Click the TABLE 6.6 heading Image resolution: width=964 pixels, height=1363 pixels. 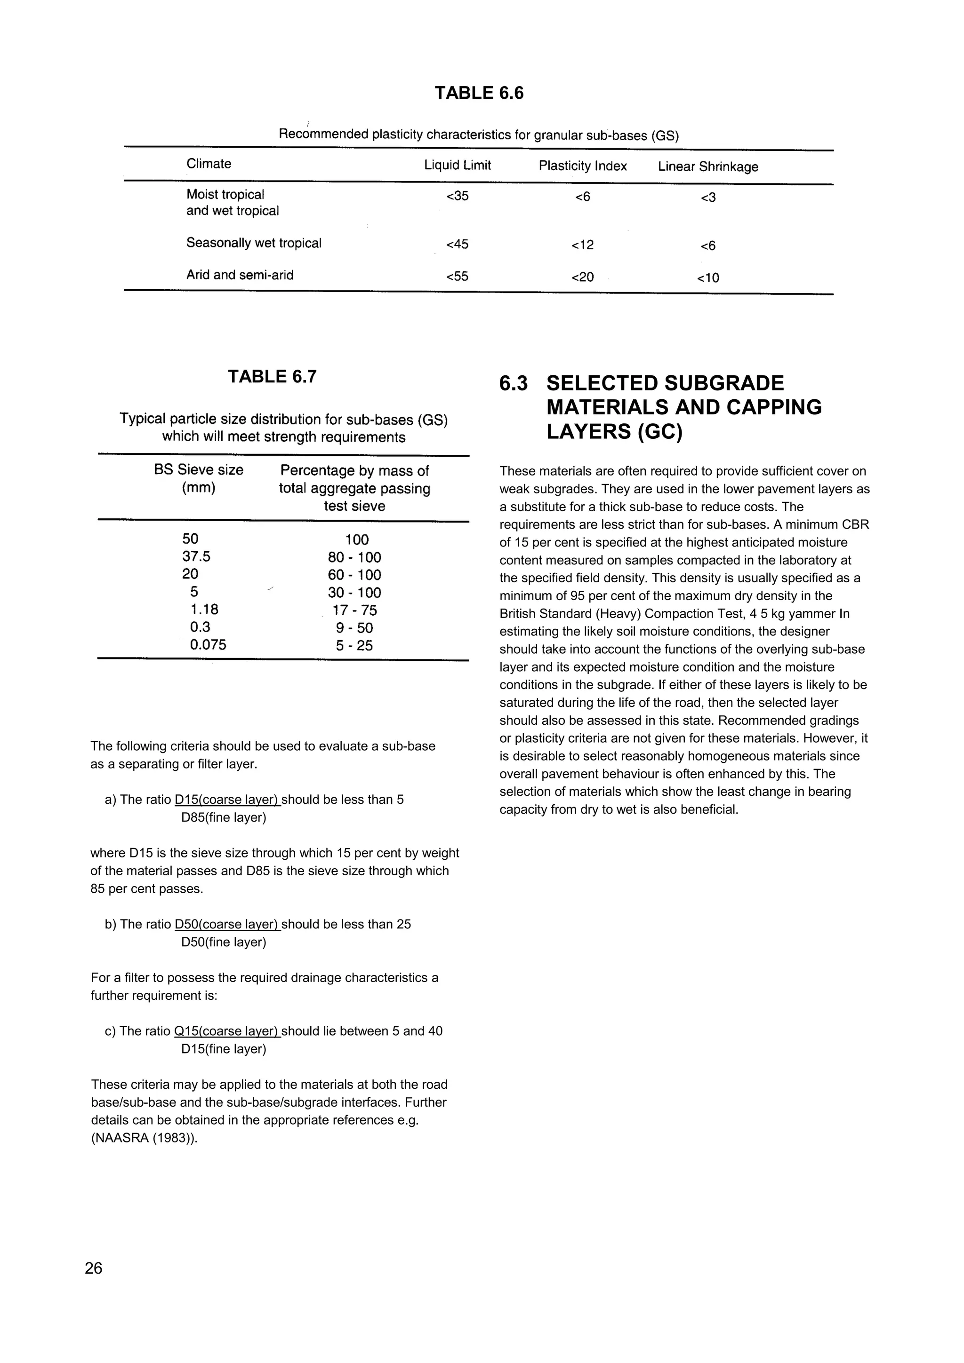click(x=479, y=93)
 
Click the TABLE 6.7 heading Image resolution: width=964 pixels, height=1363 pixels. click(x=273, y=376)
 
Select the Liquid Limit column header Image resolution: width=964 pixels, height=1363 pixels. click(x=458, y=165)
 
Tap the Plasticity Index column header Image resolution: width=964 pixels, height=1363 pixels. click(x=583, y=166)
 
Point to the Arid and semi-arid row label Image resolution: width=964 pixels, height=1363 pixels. click(x=240, y=275)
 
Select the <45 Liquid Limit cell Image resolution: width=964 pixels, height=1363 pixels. click(x=458, y=244)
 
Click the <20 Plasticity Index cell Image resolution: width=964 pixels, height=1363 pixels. click(x=582, y=277)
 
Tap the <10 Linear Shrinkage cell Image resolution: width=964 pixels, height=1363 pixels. click(x=708, y=278)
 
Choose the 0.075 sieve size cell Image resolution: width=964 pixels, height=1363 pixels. click(x=208, y=645)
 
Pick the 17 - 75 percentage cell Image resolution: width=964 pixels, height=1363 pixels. click(x=354, y=610)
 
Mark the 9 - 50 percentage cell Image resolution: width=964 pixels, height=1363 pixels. click(x=354, y=628)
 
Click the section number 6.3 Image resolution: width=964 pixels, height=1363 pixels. click(x=513, y=383)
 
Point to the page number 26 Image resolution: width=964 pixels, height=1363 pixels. click(x=94, y=1268)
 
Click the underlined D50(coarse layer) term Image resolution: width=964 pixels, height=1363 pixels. click(x=227, y=924)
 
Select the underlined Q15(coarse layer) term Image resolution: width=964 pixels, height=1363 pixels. click(x=226, y=1031)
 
